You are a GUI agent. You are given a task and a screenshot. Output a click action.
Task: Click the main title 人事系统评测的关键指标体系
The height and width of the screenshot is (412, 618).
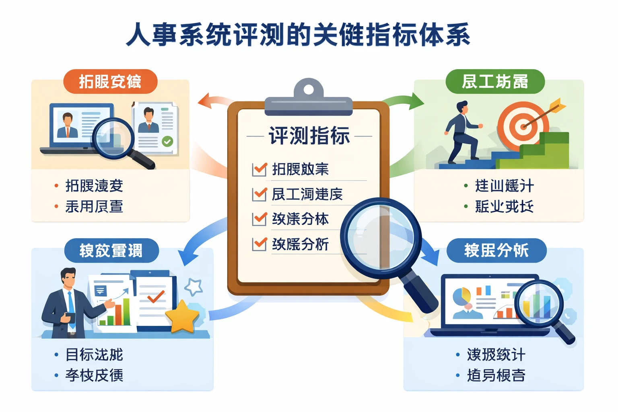(x=298, y=35)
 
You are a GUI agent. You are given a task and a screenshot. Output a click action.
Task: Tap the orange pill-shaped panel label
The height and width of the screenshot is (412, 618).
(x=110, y=82)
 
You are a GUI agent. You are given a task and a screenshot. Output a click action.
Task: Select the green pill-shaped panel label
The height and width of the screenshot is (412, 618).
(x=494, y=82)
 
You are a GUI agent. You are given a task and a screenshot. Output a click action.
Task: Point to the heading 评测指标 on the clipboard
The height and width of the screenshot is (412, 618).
(x=309, y=136)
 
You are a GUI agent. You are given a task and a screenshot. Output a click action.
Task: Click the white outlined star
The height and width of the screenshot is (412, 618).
(x=194, y=287)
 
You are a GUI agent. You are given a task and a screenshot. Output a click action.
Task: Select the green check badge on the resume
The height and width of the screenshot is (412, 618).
(x=167, y=141)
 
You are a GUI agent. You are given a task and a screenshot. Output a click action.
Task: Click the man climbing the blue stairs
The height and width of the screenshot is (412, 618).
(x=463, y=133)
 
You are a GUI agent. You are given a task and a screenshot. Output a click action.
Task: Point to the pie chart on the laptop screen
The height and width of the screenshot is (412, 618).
(x=461, y=296)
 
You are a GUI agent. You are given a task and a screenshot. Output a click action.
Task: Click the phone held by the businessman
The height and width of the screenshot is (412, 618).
(x=70, y=317)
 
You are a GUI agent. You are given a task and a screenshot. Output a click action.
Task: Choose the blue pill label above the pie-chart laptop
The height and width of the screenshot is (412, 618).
(x=496, y=251)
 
